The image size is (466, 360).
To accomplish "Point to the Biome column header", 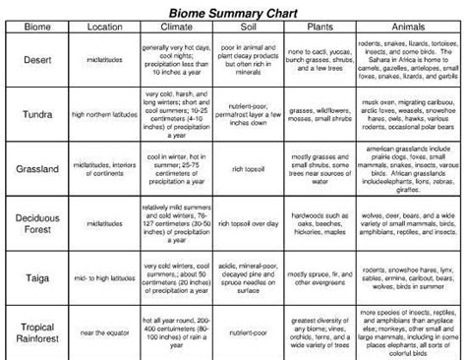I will (x=35, y=28).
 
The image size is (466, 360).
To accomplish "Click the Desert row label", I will (x=35, y=61).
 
